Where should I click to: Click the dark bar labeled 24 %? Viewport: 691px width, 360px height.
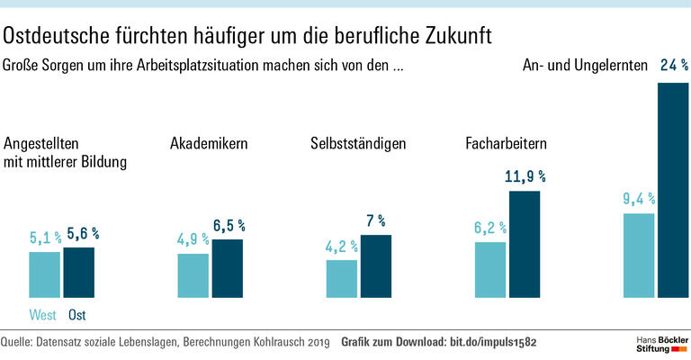pyautogui.click(x=673, y=189)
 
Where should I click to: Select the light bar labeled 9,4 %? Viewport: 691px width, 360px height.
pyautogui.click(x=638, y=255)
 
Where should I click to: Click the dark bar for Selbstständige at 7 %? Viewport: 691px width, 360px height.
pyautogui.click(x=376, y=265)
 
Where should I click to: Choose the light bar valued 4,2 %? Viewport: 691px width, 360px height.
pyautogui.click(x=341, y=278)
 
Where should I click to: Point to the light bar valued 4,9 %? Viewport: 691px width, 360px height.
pyautogui.click(x=193, y=274)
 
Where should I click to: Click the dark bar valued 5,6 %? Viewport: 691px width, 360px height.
pyautogui.click(x=78, y=272)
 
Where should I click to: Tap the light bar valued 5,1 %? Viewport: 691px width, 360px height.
pyautogui.click(x=44, y=274)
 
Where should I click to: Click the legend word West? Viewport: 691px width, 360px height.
pyautogui.click(x=43, y=315)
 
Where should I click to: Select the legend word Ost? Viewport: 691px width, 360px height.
pyautogui.click(x=77, y=315)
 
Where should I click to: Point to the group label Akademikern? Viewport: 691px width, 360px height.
pyautogui.click(x=209, y=144)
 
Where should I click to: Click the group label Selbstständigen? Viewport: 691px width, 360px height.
pyautogui.click(x=358, y=144)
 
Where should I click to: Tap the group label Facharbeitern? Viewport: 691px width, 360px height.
pyautogui.click(x=507, y=144)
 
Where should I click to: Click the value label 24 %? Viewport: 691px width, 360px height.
pyautogui.click(x=674, y=66)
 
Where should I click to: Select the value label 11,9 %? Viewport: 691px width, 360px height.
pyautogui.click(x=525, y=176)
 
